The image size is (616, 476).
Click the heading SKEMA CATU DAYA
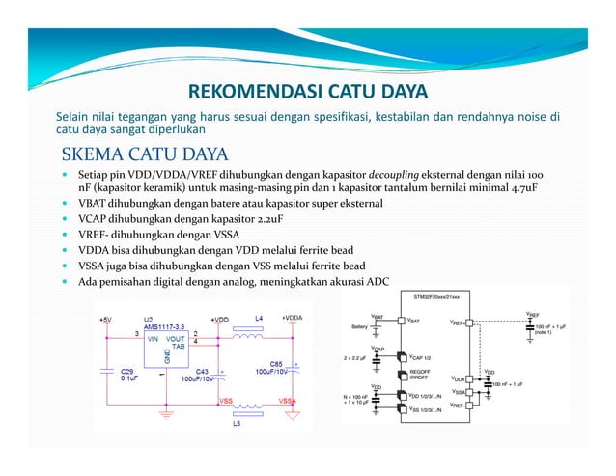click(144, 155)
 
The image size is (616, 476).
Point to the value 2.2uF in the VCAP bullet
click(260, 220)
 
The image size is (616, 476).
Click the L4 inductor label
click(259, 317)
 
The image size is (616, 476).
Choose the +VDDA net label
click(292, 317)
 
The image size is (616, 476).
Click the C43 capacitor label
click(202, 371)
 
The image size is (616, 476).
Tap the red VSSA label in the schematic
click(288, 401)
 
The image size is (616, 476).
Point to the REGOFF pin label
click(420, 371)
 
